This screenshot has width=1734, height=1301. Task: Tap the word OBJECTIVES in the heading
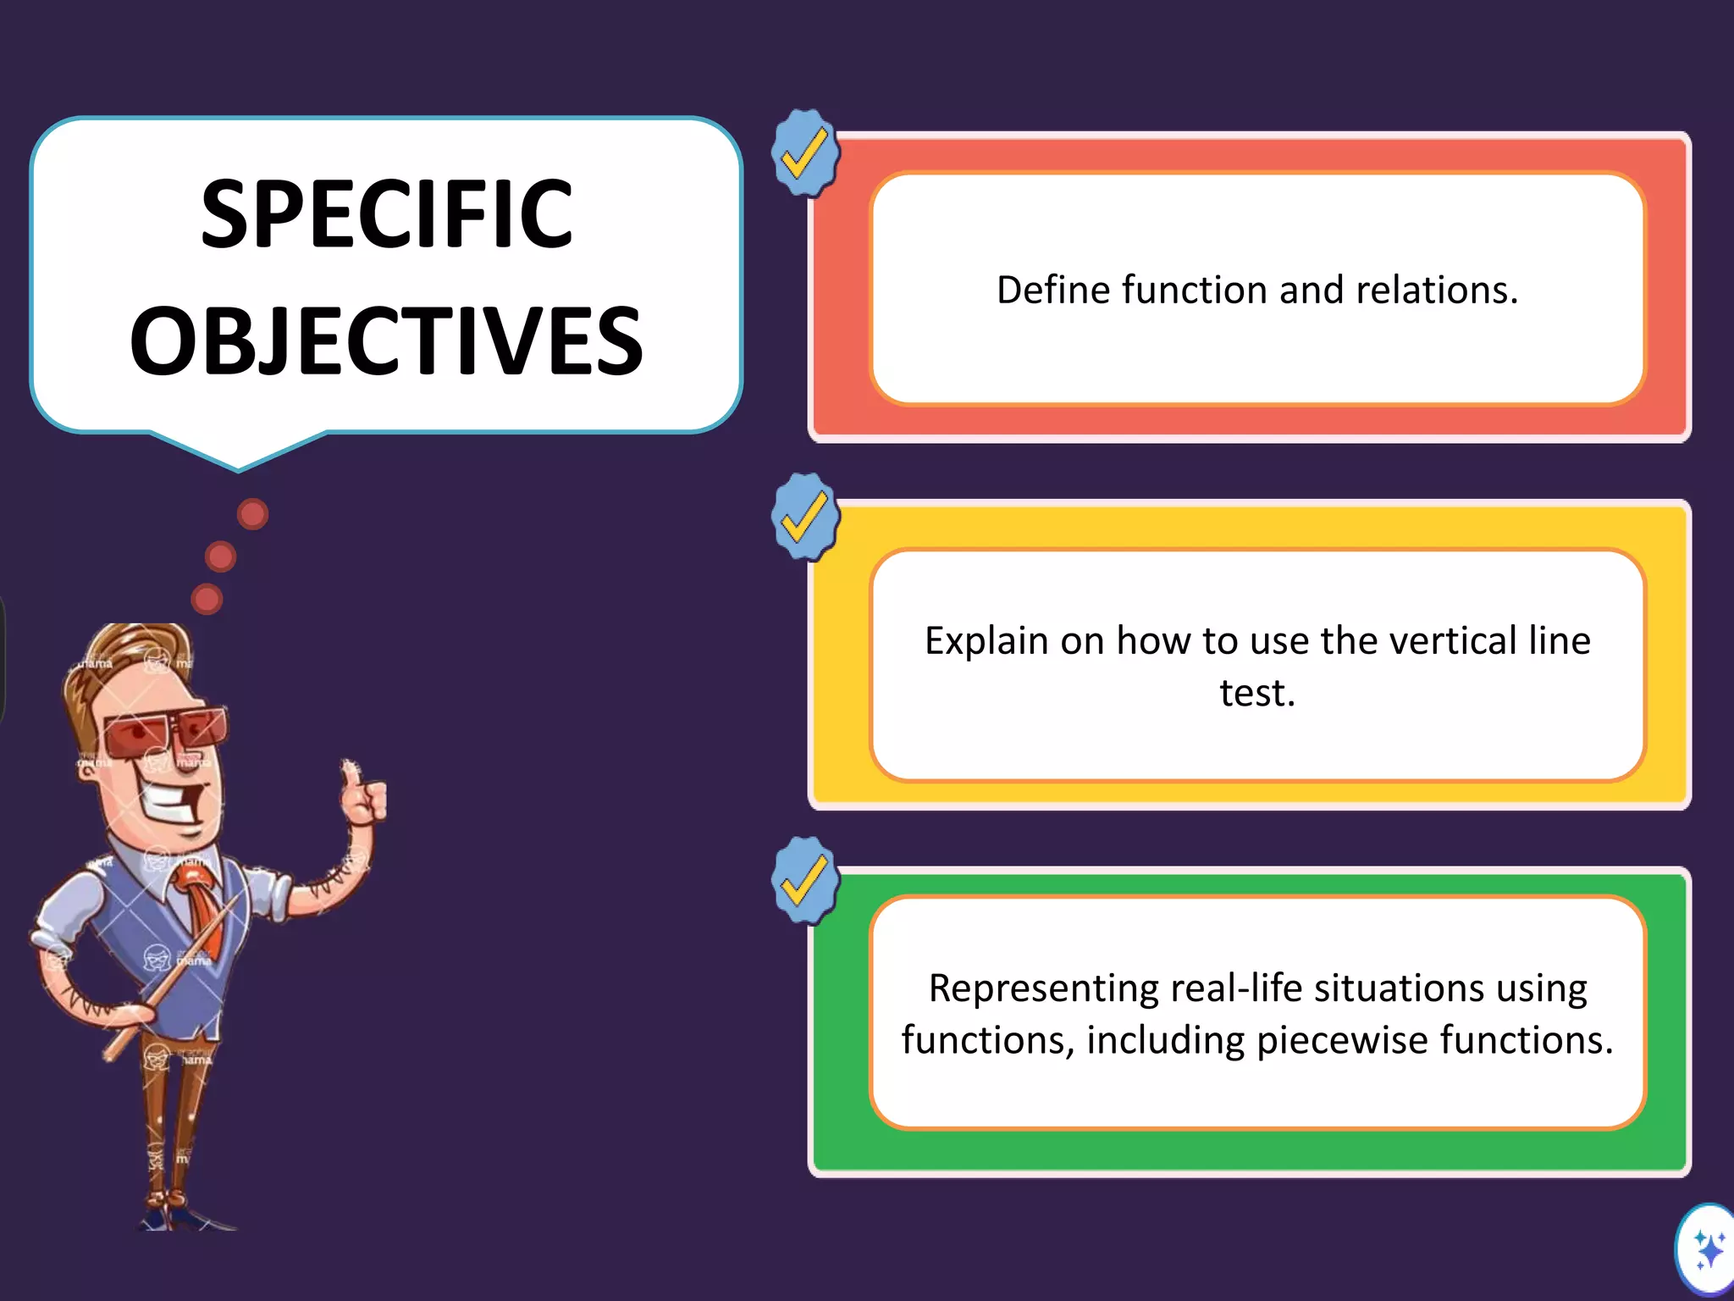click(387, 341)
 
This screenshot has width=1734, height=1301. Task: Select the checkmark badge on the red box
click(804, 153)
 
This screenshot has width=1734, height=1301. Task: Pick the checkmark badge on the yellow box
click(804, 517)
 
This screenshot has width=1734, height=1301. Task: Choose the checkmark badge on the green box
click(804, 880)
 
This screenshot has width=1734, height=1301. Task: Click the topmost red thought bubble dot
click(252, 513)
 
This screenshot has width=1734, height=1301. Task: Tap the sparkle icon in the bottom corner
click(1709, 1250)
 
